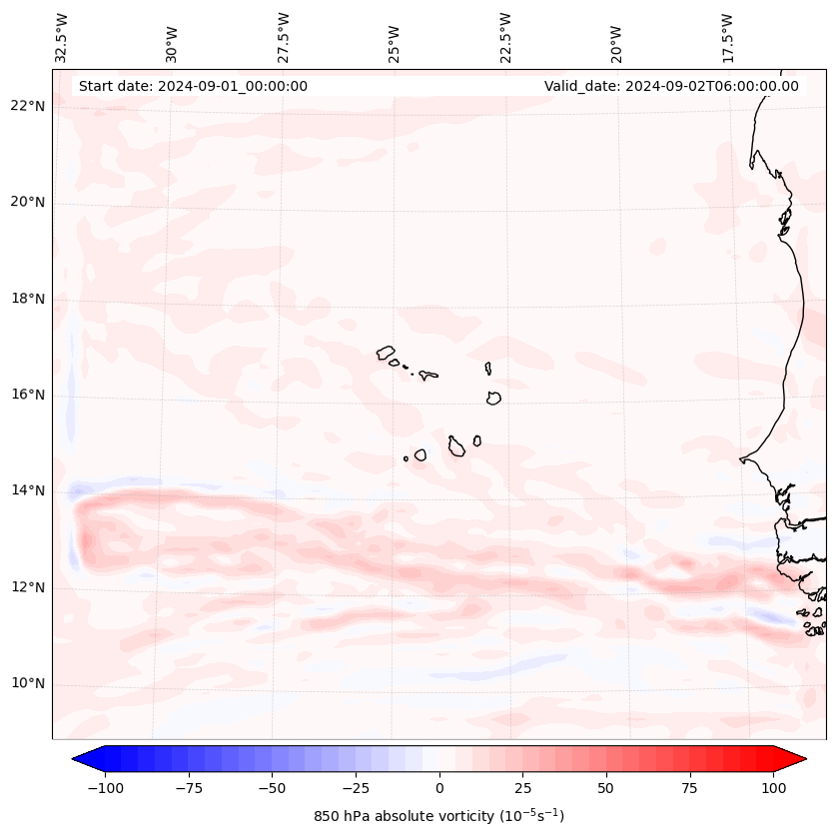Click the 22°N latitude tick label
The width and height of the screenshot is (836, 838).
click(x=29, y=107)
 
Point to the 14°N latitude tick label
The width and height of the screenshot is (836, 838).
click(x=29, y=490)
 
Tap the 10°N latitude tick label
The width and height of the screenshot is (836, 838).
click(x=29, y=684)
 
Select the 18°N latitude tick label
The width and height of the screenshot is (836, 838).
click(x=29, y=299)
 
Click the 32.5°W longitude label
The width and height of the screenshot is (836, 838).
click(x=62, y=37)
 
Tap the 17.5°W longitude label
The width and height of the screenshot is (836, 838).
click(x=727, y=37)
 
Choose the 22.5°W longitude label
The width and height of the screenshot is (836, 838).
click(x=505, y=37)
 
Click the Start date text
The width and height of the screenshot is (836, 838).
click(x=193, y=86)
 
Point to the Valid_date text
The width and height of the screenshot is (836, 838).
click(x=671, y=86)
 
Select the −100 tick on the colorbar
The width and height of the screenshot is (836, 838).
click(x=105, y=788)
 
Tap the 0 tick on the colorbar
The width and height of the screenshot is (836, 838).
click(x=438, y=788)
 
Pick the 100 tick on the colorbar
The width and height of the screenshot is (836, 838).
click(x=773, y=788)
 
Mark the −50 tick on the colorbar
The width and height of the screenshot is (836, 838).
click(x=272, y=788)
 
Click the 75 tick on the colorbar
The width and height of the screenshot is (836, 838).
click(x=689, y=788)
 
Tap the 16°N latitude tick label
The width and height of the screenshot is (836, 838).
click(x=29, y=395)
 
